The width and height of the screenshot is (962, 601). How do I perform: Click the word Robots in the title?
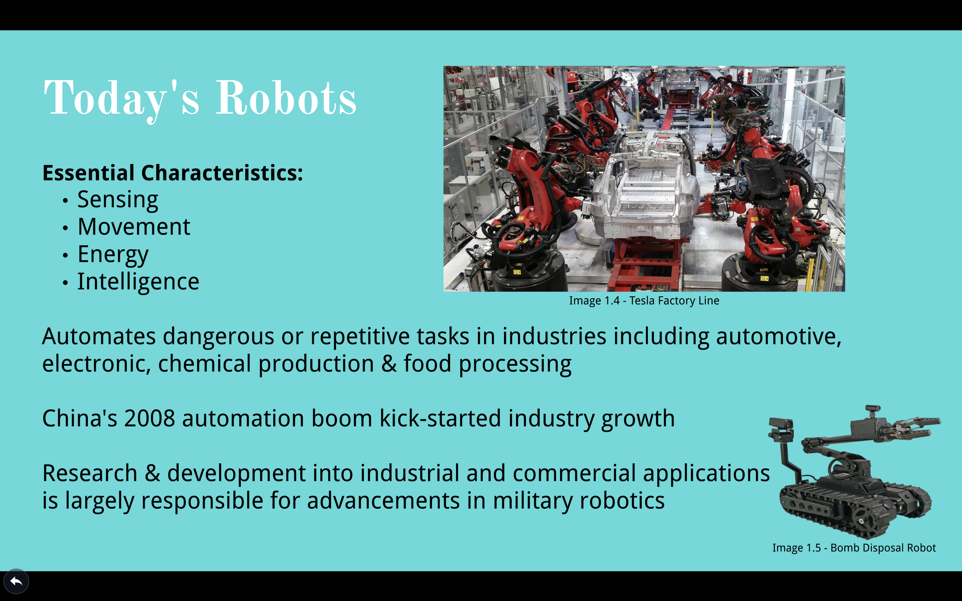pyautogui.click(x=286, y=98)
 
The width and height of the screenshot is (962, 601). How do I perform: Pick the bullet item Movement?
pyautogui.click(x=134, y=227)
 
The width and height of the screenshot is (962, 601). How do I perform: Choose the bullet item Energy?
pyautogui.click(x=113, y=255)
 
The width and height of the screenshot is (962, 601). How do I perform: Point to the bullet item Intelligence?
pyautogui.click(x=138, y=282)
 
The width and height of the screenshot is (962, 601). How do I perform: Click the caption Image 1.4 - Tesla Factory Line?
pyautogui.click(x=644, y=301)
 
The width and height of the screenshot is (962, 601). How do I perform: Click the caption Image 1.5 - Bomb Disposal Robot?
pyautogui.click(x=854, y=548)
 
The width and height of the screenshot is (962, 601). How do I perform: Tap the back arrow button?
pyautogui.click(x=16, y=582)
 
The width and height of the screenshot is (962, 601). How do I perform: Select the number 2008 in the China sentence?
pyautogui.click(x=149, y=418)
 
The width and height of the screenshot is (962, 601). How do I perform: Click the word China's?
pyautogui.click(x=80, y=418)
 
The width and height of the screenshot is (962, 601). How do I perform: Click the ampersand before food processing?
pyautogui.click(x=389, y=364)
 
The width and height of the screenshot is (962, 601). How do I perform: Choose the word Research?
pyautogui.click(x=90, y=473)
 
